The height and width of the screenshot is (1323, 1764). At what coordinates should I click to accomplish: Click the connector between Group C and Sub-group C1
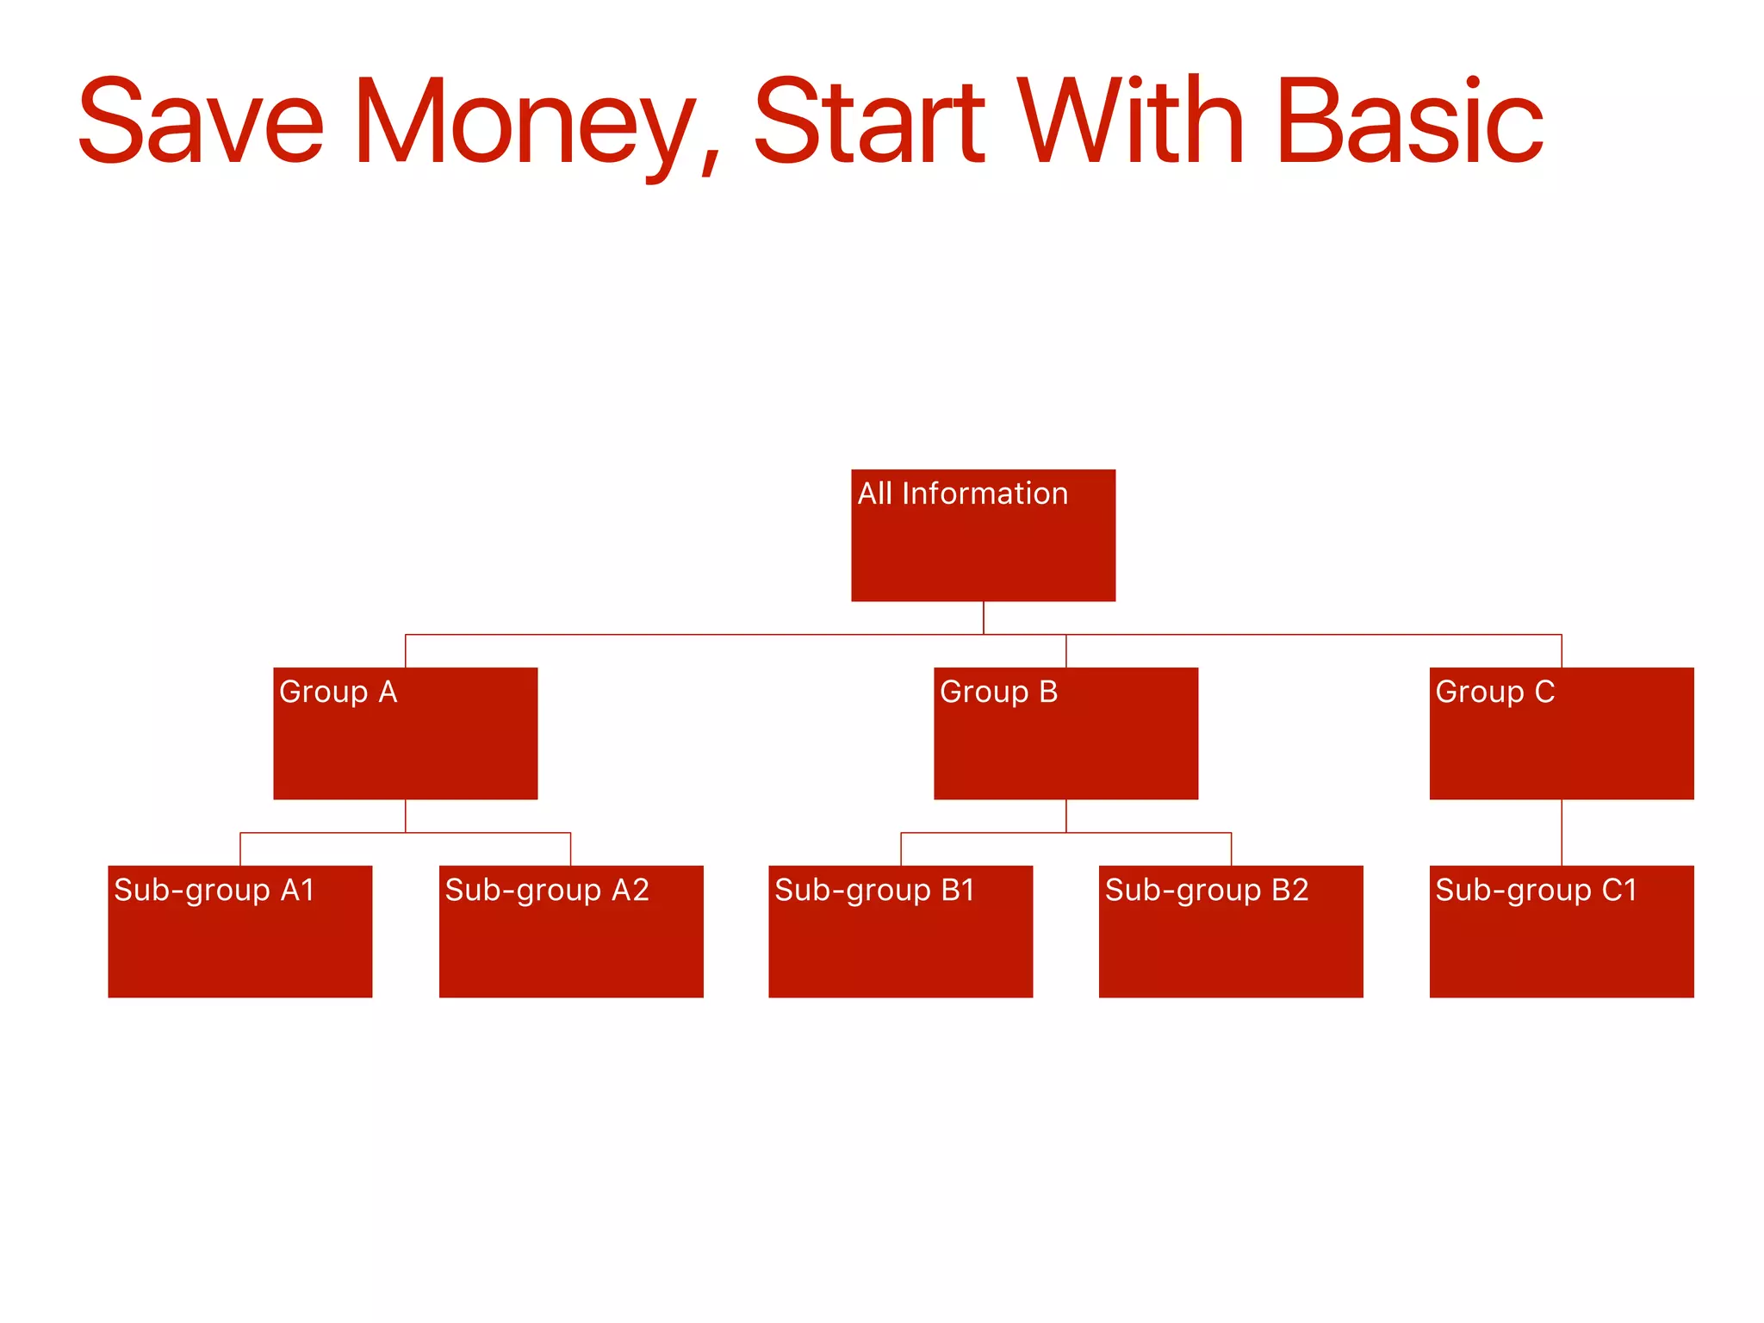[1562, 832]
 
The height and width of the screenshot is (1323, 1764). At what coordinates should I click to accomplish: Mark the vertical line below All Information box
[984, 618]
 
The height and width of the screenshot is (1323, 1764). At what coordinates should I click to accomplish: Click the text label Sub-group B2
[1207, 891]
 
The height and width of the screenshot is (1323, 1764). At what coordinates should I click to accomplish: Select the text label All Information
[962, 494]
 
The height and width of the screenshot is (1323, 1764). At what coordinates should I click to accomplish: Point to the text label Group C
[1494, 692]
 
